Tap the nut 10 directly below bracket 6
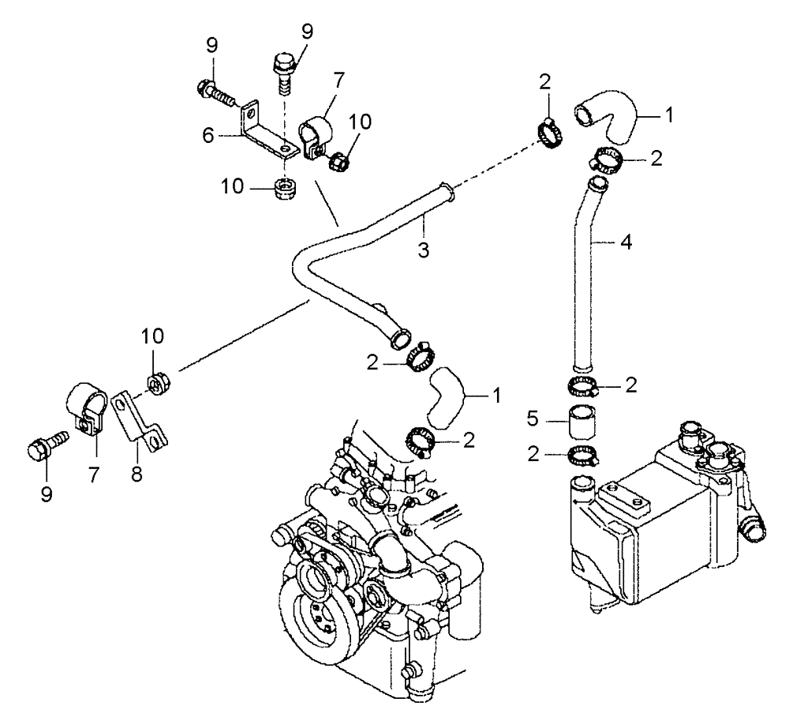283,190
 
